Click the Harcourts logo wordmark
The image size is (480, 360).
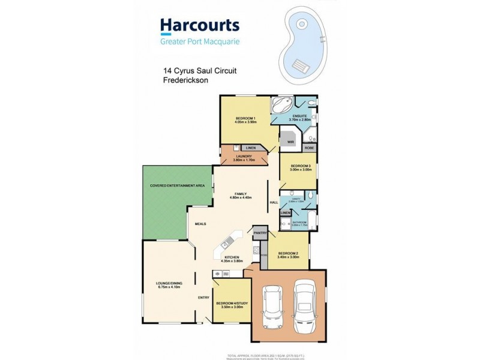pyautogui.click(x=200, y=25)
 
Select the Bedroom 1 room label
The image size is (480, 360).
pyautogui.click(x=245, y=119)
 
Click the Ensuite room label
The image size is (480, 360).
pyautogui.click(x=300, y=116)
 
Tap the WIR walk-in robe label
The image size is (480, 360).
pyautogui.click(x=290, y=142)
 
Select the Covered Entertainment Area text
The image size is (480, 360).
pyautogui.click(x=178, y=186)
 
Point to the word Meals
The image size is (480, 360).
pyautogui.click(x=200, y=224)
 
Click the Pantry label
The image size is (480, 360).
pyautogui.click(x=260, y=232)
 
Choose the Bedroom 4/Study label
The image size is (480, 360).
pyautogui.click(x=230, y=304)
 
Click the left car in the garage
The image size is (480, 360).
pyautogui.click(x=274, y=305)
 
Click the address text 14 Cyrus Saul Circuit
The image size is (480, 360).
pyautogui.click(x=200, y=71)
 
